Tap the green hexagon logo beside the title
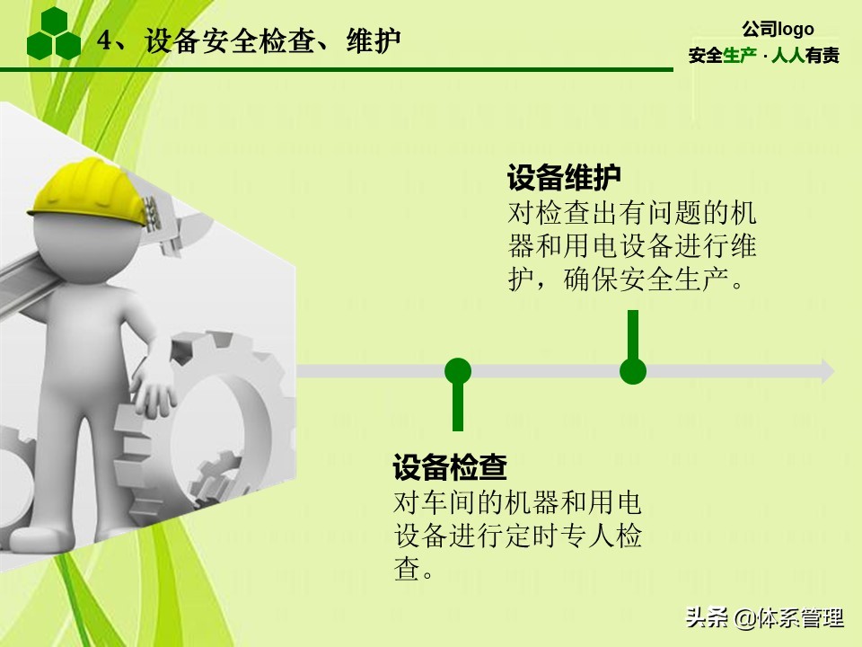point(54,34)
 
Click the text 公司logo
point(778,29)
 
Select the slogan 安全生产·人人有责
point(763,56)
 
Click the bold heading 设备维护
point(564,177)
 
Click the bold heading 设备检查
point(450,467)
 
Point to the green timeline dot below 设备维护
point(633,370)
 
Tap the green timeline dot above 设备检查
point(458,370)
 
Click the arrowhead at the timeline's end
point(827,370)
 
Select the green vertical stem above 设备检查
point(458,409)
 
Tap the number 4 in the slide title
point(104,41)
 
